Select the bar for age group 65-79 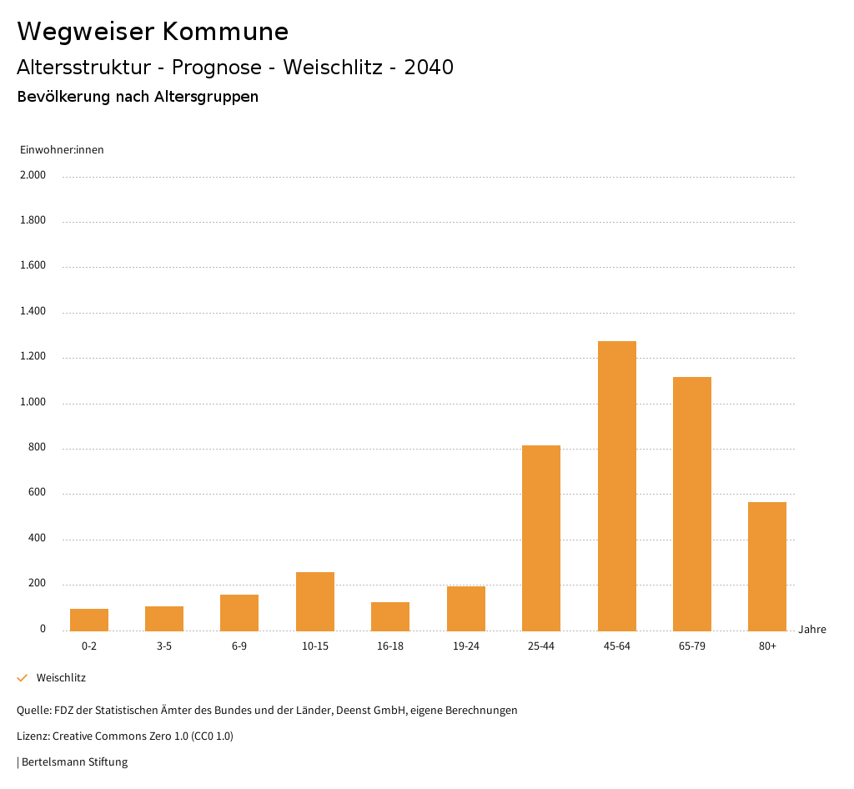point(692,504)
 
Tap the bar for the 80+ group point(767,566)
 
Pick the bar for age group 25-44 point(541,538)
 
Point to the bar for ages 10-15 point(315,601)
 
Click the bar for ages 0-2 point(89,620)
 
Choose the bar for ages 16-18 point(390,616)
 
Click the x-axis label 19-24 point(466,646)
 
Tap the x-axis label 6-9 point(239,646)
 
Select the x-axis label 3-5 point(164,646)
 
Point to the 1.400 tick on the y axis point(34,311)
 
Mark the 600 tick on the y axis point(38,493)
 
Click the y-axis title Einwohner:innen point(62,150)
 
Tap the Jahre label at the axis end point(812,630)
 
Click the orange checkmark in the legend point(23,678)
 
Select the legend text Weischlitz point(61,678)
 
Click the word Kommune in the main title point(225,32)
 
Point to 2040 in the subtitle point(429,68)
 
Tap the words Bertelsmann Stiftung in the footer point(74,761)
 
